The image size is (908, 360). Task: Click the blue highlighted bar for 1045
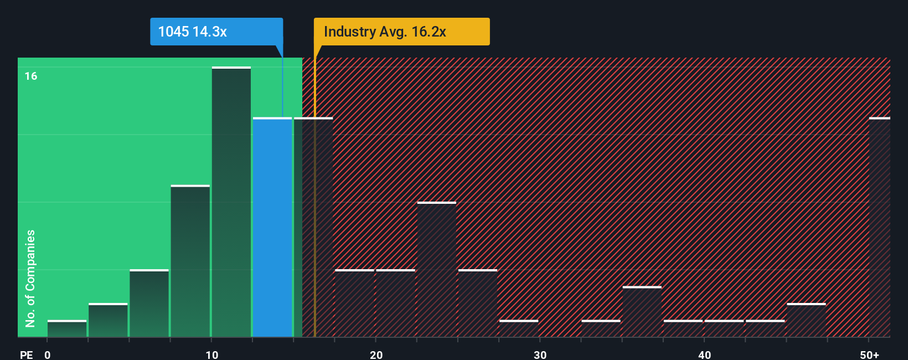point(272,227)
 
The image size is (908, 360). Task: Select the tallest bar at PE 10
point(231,202)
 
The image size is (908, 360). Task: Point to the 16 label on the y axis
point(31,76)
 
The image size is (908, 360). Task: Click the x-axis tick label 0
point(48,354)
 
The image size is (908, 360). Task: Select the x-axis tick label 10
point(212,354)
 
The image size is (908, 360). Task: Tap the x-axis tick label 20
point(376,354)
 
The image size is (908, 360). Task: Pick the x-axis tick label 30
point(540,354)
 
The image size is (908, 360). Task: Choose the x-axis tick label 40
point(704,354)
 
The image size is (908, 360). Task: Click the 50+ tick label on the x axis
point(869,354)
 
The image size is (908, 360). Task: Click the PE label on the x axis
point(27,354)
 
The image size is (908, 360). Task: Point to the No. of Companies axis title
point(30,278)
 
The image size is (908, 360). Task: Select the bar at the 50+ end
point(879,227)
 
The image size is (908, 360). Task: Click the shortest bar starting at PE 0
point(67,328)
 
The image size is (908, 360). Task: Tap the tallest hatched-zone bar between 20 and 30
point(437,270)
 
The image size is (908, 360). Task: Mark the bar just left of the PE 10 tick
point(190,261)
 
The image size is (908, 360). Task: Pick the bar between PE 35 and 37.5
point(642,312)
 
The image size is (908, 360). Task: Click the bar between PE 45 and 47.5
point(806,320)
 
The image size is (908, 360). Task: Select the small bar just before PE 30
point(519,328)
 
